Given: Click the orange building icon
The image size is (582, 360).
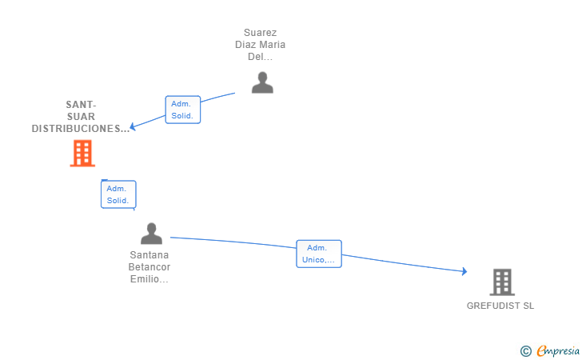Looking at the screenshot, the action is tap(82, 153).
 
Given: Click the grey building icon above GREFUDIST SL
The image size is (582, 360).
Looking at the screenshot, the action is tap(502, 282).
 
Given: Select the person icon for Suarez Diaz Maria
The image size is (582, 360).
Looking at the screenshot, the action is tap(262, 82).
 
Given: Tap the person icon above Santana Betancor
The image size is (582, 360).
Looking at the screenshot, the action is tap(151, 234).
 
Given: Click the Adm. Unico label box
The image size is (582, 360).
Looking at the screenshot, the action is tap(319, 254).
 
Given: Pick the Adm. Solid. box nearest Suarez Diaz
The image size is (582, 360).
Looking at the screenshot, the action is tap(182, 110).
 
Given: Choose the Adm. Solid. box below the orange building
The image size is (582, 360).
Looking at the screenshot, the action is tap(118, 194).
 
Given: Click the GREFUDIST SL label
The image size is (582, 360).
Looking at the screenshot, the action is tap(500, 306).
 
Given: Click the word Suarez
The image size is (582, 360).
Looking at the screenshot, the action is tap(260, 33).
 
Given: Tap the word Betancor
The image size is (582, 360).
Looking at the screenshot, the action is tap(149, 267).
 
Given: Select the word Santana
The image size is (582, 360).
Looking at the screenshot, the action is tap(149, 255).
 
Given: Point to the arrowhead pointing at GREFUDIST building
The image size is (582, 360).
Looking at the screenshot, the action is tap(464, 271).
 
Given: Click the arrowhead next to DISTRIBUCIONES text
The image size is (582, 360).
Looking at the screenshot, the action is tap(133, 126).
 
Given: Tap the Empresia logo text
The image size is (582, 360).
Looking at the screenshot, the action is tap(558, 351).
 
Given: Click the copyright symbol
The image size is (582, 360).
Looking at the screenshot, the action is tap(526, 351).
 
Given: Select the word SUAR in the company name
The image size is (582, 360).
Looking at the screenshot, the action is tap(81, 117).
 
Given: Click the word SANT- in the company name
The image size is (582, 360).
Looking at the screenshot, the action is tap(81, 105).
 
